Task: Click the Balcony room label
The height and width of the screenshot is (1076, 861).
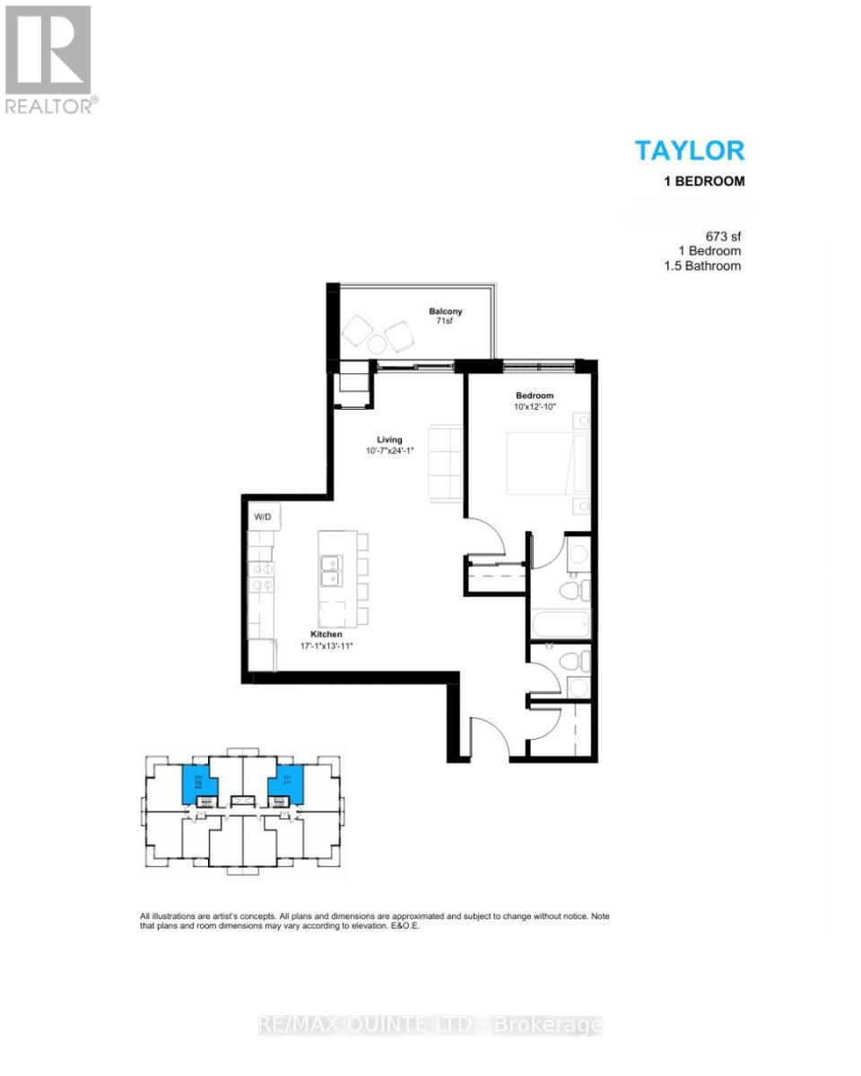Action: tap(445, 313)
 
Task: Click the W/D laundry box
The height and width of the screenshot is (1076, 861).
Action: tap(264, 516)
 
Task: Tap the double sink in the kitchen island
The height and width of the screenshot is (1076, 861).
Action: tap(331, 566)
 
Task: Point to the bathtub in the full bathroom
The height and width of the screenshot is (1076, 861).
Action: tap(558, 622)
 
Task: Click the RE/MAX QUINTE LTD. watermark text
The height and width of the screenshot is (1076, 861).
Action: tap(430, 1025)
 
